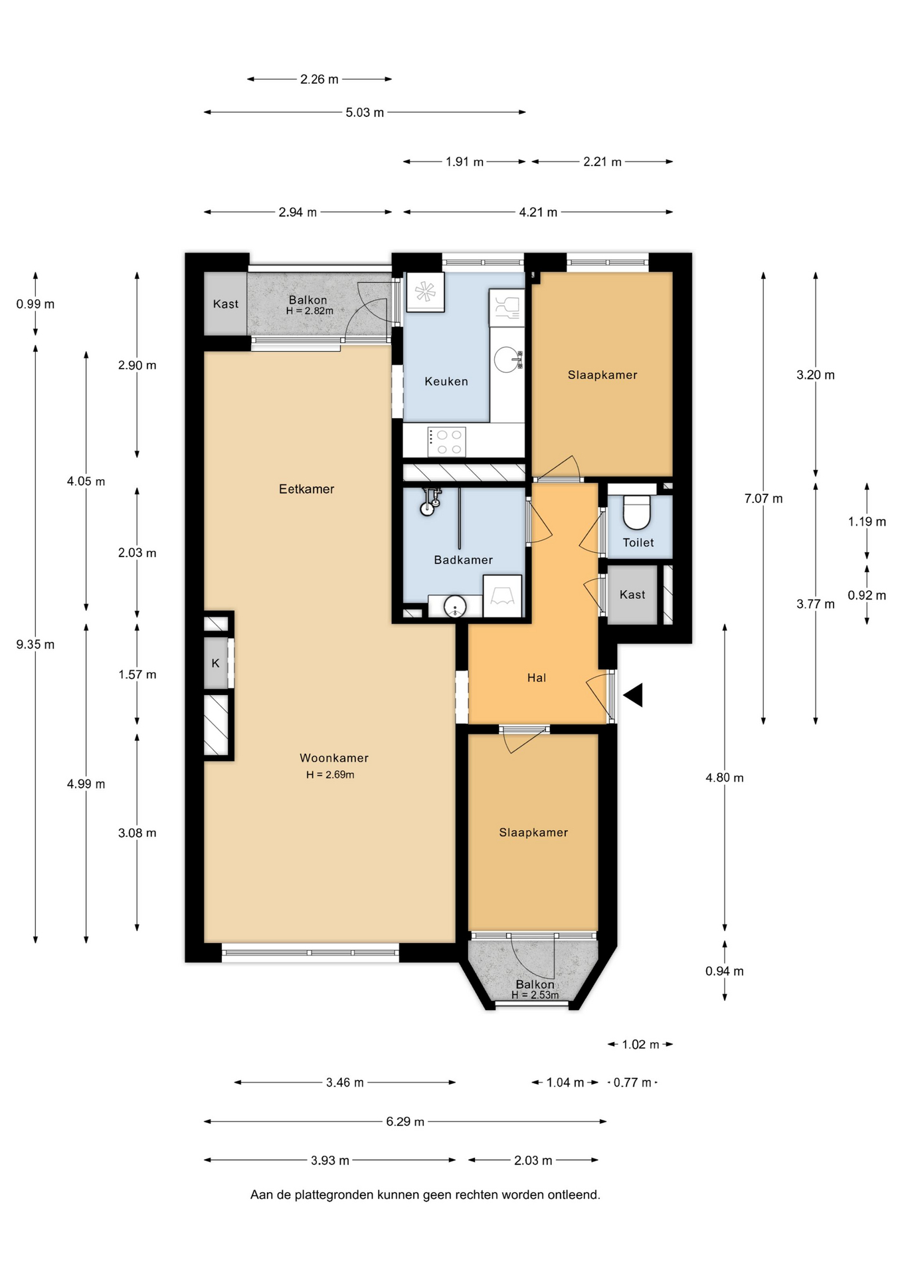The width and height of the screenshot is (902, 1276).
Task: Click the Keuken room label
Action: click(446, 381)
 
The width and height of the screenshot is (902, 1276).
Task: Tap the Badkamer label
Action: click(463, 560)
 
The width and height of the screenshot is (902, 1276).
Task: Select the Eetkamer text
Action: click(306, 489)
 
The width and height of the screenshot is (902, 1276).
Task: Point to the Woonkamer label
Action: click(333, 758)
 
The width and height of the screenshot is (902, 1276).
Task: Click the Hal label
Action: click(536, 678)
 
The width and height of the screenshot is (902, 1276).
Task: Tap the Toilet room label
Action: click(638, 542)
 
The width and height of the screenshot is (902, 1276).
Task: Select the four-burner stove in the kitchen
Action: click(446, 442)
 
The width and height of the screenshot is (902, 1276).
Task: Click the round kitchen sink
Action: click(507, 360)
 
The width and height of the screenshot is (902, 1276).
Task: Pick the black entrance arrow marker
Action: click(633, 695)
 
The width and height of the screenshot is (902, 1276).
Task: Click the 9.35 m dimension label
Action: click(35, 645)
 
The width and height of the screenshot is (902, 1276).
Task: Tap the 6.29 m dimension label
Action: click(405, 1122)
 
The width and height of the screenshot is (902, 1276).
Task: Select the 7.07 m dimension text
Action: click(763, 498)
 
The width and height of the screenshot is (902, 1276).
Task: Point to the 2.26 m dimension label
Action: click(319, 79)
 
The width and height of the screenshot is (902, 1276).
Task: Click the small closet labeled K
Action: click(216, 663)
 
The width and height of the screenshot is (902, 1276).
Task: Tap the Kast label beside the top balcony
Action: click(225, 304)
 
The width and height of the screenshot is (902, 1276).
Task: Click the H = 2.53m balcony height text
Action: click(535, 995)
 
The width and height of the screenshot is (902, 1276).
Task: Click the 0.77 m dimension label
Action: click(632, 1083)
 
